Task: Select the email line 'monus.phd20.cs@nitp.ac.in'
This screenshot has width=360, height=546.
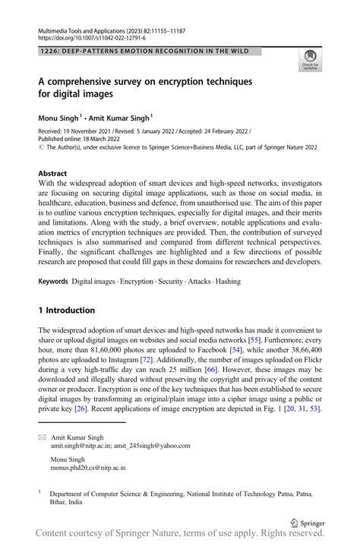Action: [x=88, y=469]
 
